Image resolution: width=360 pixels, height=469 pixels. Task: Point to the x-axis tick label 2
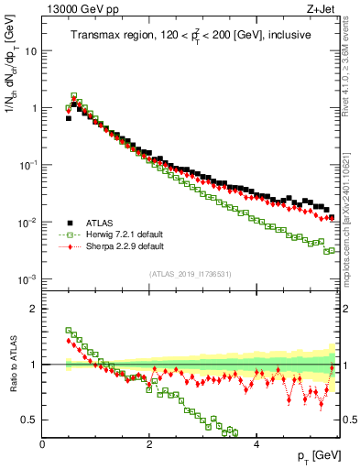(149, 443)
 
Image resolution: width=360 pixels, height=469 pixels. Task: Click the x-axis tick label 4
(256, 443)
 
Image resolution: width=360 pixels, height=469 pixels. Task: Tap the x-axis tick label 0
(42, 443)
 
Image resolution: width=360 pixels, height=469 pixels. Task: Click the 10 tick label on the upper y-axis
(30, 51)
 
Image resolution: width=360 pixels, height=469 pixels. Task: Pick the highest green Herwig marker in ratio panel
(69, 331)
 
